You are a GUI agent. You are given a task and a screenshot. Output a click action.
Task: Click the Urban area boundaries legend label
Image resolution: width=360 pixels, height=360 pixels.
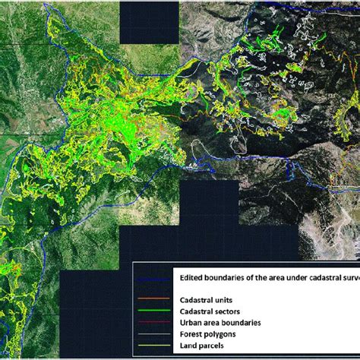tap(221, 322)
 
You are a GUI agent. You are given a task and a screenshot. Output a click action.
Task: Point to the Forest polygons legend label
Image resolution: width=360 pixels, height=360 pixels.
tap(207, 333)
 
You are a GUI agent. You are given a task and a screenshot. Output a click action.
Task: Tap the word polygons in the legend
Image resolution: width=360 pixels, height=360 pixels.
tap(220, 333)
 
